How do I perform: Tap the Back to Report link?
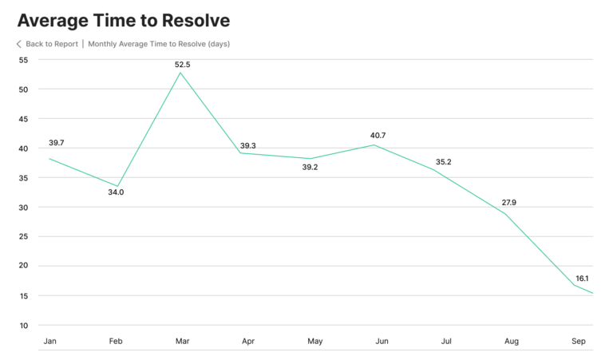click(51, 44)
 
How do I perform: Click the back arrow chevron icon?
click(19, 44)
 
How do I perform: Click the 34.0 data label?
click(116, 192)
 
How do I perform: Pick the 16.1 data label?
click(582, 279)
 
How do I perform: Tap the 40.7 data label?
click(377, 136)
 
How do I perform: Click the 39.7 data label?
click(56, 143)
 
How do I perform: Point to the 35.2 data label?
click(443, 162)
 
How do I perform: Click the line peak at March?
click(180, 73)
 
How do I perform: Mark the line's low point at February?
click(117, 186)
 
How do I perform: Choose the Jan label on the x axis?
click(50, 342)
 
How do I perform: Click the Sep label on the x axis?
click(579, 342)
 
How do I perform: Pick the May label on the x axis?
click(315, 342)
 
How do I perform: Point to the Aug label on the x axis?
click(512, 342)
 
